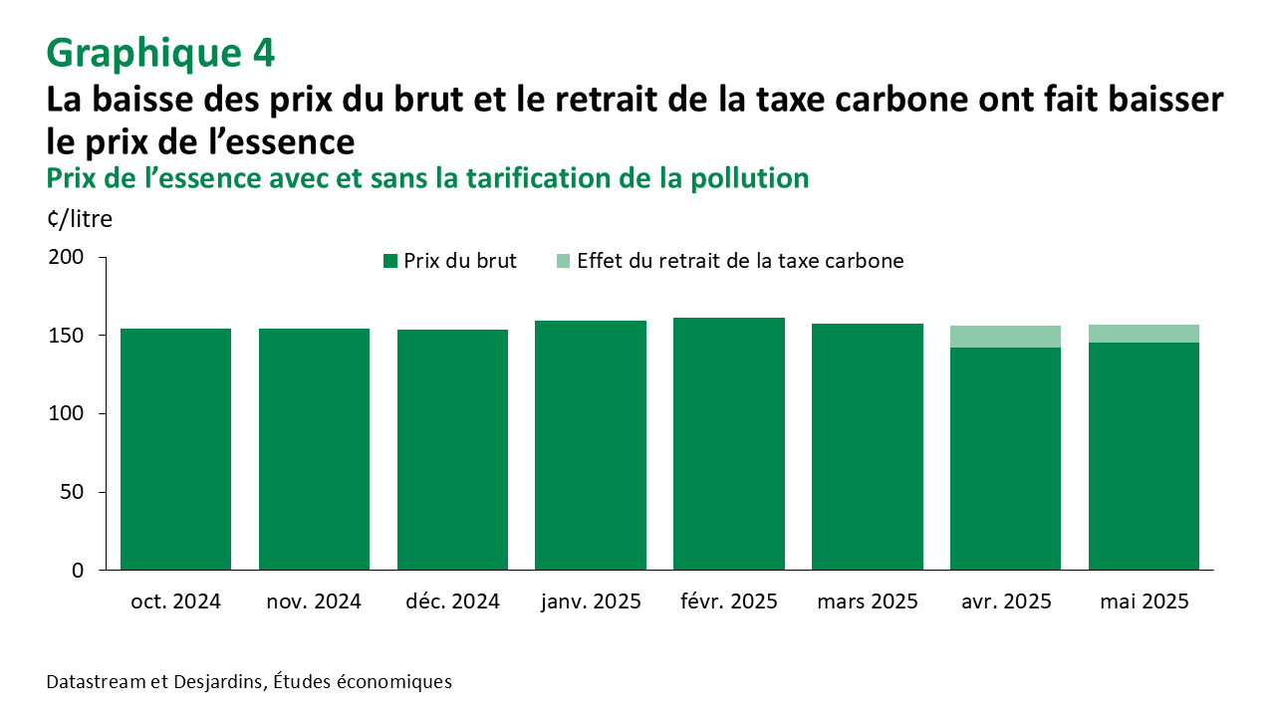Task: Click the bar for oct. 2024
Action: pyautogui.click(x=175, y=448)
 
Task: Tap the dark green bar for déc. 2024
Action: pyautogui.click(x=452, y=448)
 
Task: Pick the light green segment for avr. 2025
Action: pyautogui.click(x=1006, y=337)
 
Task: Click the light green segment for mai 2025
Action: pyautogui.click(x=1144, y=334)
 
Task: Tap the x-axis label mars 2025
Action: pyautogui.click(x=868, y=602)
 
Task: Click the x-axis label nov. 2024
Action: pyautogui.click(x=314, y=602)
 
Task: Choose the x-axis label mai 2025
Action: pyautogui.click(x=1145, y=602)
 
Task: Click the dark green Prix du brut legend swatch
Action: pyautogui.click(x=390, y=261)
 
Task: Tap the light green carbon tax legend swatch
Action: pyautogui.click(x=564, y=261)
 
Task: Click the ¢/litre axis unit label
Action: pyautogui.click(x=80, y=219)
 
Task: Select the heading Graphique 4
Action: pyautogui.click(x=160, y=53)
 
